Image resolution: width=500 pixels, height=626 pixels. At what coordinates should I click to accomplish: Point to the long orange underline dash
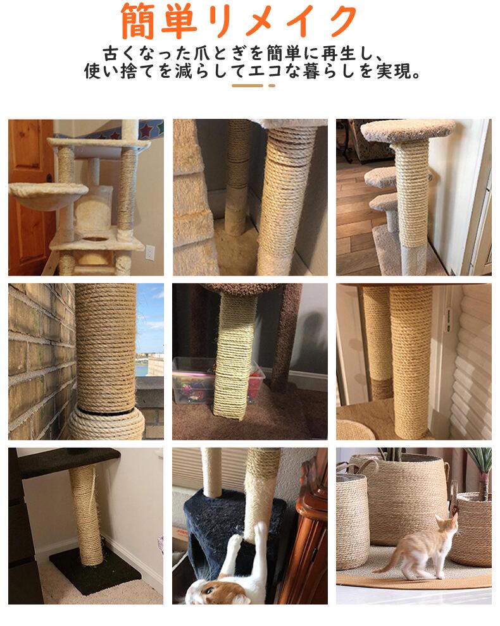click(247, 85)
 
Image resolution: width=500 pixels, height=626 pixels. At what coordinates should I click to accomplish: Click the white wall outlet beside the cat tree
click(150, 252)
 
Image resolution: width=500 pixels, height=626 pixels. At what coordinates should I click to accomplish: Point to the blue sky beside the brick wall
click(150, 319)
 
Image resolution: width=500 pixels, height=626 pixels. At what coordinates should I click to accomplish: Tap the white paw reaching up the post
click(235, 543)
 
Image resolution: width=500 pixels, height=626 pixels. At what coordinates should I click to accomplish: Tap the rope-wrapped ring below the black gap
click(107, 424)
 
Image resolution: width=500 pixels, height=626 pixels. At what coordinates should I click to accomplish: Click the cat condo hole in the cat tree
click(95, 240)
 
